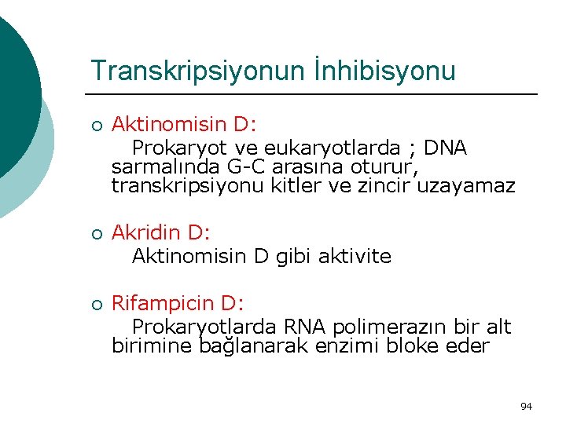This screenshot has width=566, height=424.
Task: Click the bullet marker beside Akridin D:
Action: point(95,234)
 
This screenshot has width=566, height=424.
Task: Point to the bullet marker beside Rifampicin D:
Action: point(95,305)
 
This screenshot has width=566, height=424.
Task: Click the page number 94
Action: point(526,406)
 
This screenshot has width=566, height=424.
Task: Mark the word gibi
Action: point(295,258)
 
